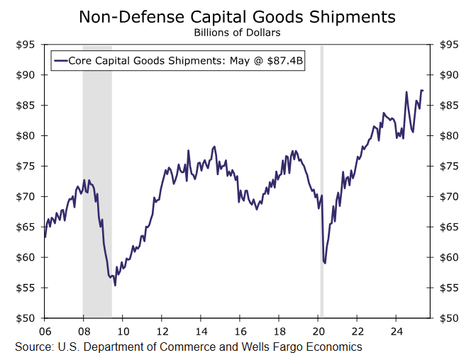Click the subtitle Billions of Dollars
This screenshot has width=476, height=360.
pyautogui.click(x=237, y=32)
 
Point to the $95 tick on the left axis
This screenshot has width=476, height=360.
pyautogui.click(x=26, y=45)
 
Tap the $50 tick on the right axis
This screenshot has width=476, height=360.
pyautogui.click(x=452, y=318)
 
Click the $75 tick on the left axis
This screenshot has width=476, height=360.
pyautogui.click(x=26, y=167)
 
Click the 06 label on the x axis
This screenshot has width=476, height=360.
pyautogui.click(x=44, y=331)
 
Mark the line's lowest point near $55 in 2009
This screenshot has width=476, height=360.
pyautogui.click(x=115, y=285)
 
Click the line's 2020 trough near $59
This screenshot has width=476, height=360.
pyautogui.click(x=324, y=263)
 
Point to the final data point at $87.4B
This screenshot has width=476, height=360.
pyautogui.click(x=424, y=91)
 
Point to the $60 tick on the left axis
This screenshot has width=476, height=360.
pyautogui.click(x=26, y=257)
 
